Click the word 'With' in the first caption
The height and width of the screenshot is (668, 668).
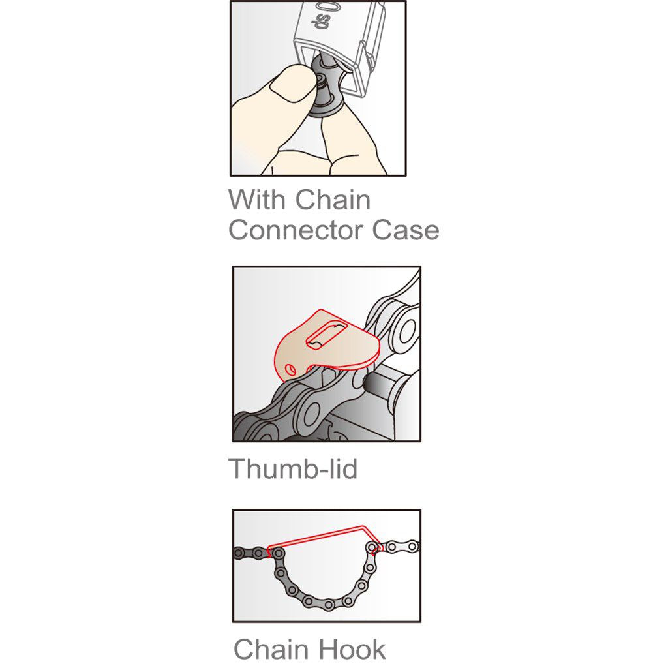256,200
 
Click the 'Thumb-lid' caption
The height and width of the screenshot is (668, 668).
293,468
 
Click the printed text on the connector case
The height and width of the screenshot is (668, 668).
326,20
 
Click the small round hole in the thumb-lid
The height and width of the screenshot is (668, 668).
291,369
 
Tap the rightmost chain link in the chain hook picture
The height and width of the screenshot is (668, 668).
413,545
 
